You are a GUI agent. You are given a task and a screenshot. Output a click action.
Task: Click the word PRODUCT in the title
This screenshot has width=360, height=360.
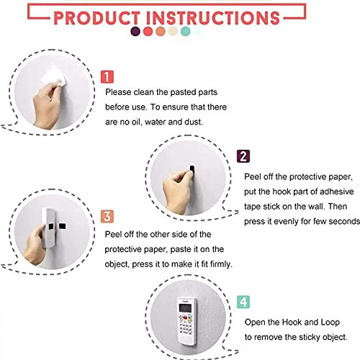pos(96,18)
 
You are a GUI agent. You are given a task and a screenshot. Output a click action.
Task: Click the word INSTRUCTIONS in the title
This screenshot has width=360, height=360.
pos(213,18)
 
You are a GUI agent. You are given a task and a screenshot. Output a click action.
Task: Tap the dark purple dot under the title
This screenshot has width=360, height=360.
pos(135,32)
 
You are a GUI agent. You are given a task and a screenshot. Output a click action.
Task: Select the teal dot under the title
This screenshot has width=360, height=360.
pos(185,32)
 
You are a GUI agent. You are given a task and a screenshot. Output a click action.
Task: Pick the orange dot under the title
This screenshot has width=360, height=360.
pos(161,32)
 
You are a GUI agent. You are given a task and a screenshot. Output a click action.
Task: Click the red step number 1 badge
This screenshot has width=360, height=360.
pos(107,77)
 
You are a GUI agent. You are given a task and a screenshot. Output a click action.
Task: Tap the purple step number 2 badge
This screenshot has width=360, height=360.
pos(243,156)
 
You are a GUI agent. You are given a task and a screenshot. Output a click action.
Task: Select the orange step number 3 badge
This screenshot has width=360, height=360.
pos(107,217)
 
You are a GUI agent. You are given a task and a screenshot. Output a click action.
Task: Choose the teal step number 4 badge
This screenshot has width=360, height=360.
pos(243,302)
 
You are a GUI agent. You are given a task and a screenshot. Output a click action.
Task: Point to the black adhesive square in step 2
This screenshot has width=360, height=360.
pos(192,168)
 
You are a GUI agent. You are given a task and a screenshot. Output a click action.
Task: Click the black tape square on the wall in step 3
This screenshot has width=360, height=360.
pos(62,226)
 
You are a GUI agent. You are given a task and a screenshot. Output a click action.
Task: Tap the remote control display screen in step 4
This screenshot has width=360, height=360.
pos(185,308)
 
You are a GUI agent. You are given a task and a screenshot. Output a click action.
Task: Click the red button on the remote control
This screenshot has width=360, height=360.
pos(185,318)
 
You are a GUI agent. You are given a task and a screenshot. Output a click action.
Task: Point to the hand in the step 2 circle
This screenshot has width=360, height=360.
pos(177,192)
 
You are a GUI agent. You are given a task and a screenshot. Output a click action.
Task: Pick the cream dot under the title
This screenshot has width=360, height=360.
pos(173,32)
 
